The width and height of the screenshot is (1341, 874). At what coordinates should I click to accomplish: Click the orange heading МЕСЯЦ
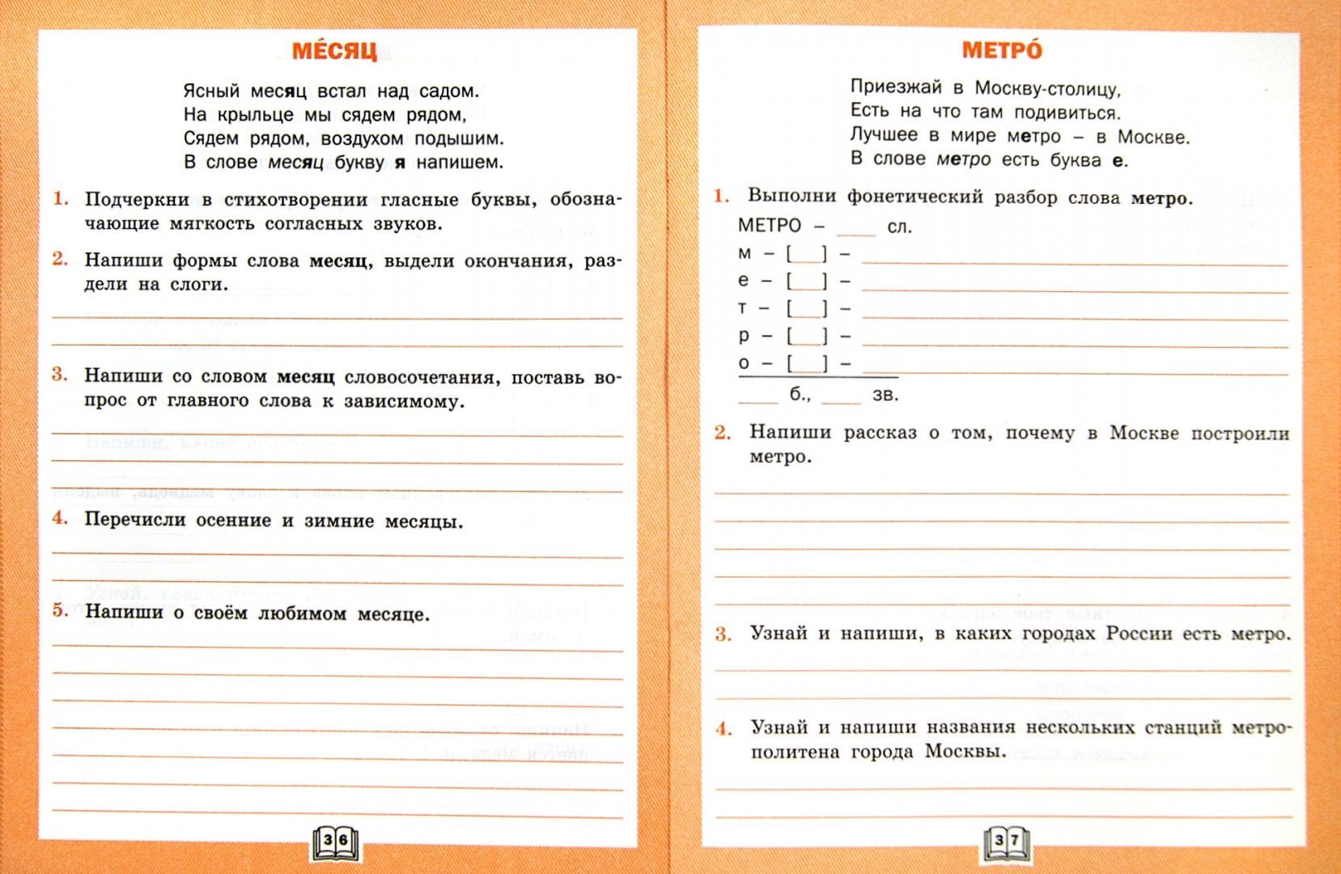click(x=334, y=51)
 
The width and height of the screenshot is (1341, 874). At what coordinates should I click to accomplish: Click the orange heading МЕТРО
click(x=1002, y=50)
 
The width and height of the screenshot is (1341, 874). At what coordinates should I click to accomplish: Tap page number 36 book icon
click(x=336, y=842)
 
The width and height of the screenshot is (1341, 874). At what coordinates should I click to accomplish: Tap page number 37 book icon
click(x=1006, y=842)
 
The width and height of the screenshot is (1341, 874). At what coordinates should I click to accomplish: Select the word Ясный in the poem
click(x=211, y=91)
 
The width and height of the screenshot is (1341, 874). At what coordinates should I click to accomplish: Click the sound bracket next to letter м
click(x=807, y=254)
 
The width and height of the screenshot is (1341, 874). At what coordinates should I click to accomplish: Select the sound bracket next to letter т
click(x=807, y=308)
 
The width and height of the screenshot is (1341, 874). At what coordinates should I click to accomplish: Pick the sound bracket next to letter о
click(x=807, y=363)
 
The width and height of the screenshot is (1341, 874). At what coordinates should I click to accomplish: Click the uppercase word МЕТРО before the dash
click(x=769, y=226)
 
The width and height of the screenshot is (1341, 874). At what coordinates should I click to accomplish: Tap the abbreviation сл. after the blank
click(x=899, y=227)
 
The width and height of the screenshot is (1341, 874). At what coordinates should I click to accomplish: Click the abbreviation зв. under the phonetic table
click(x=885, y=396)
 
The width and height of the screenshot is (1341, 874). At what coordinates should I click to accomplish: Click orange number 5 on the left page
click(x=61, y=609)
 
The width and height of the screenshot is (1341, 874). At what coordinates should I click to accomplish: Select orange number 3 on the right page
click(x=723, y=634)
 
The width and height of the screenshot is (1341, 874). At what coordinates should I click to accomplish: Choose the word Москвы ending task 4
click(x=965, y=752)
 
